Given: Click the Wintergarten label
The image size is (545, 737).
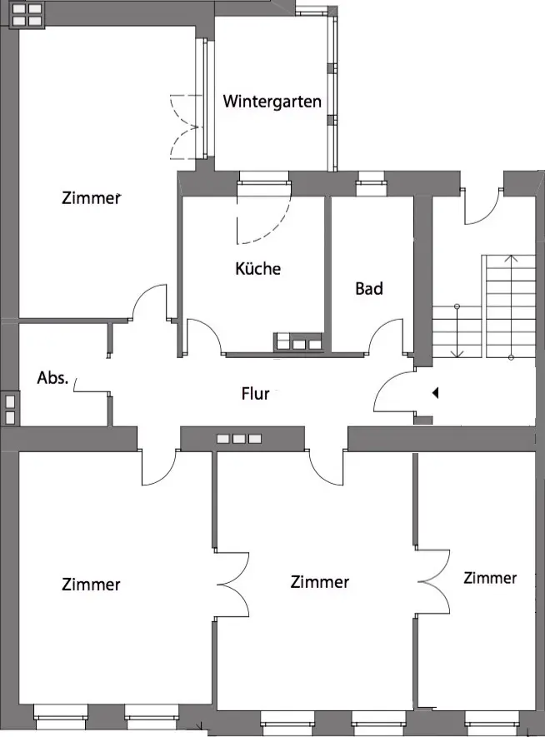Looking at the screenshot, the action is pos(272,102).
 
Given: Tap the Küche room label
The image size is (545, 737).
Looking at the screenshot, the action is pos(258,268).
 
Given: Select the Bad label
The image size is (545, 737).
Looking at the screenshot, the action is pos(369,289).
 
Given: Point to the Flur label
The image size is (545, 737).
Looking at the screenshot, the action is pos(255,393).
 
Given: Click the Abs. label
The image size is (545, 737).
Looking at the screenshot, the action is pos(52,377).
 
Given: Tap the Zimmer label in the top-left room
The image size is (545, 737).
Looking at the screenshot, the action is pos(91,198).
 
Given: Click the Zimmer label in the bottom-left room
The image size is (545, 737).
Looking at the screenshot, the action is pos(91,585).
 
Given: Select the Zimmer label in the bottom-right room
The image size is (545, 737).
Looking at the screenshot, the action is pos(490,578).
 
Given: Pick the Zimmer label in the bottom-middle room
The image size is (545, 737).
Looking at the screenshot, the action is pos(320,582).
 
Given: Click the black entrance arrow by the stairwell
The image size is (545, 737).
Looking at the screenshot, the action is pos(436,392).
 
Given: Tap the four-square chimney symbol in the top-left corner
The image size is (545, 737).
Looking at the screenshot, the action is pos(27,14).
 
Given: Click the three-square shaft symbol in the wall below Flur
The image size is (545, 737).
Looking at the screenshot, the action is pos(239,439).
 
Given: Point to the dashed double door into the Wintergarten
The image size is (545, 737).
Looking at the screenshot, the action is pos(186,127).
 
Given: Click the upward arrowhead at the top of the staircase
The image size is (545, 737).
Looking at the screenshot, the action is pos(511,257).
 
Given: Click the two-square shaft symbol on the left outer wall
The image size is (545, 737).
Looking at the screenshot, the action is pos(10,410).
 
